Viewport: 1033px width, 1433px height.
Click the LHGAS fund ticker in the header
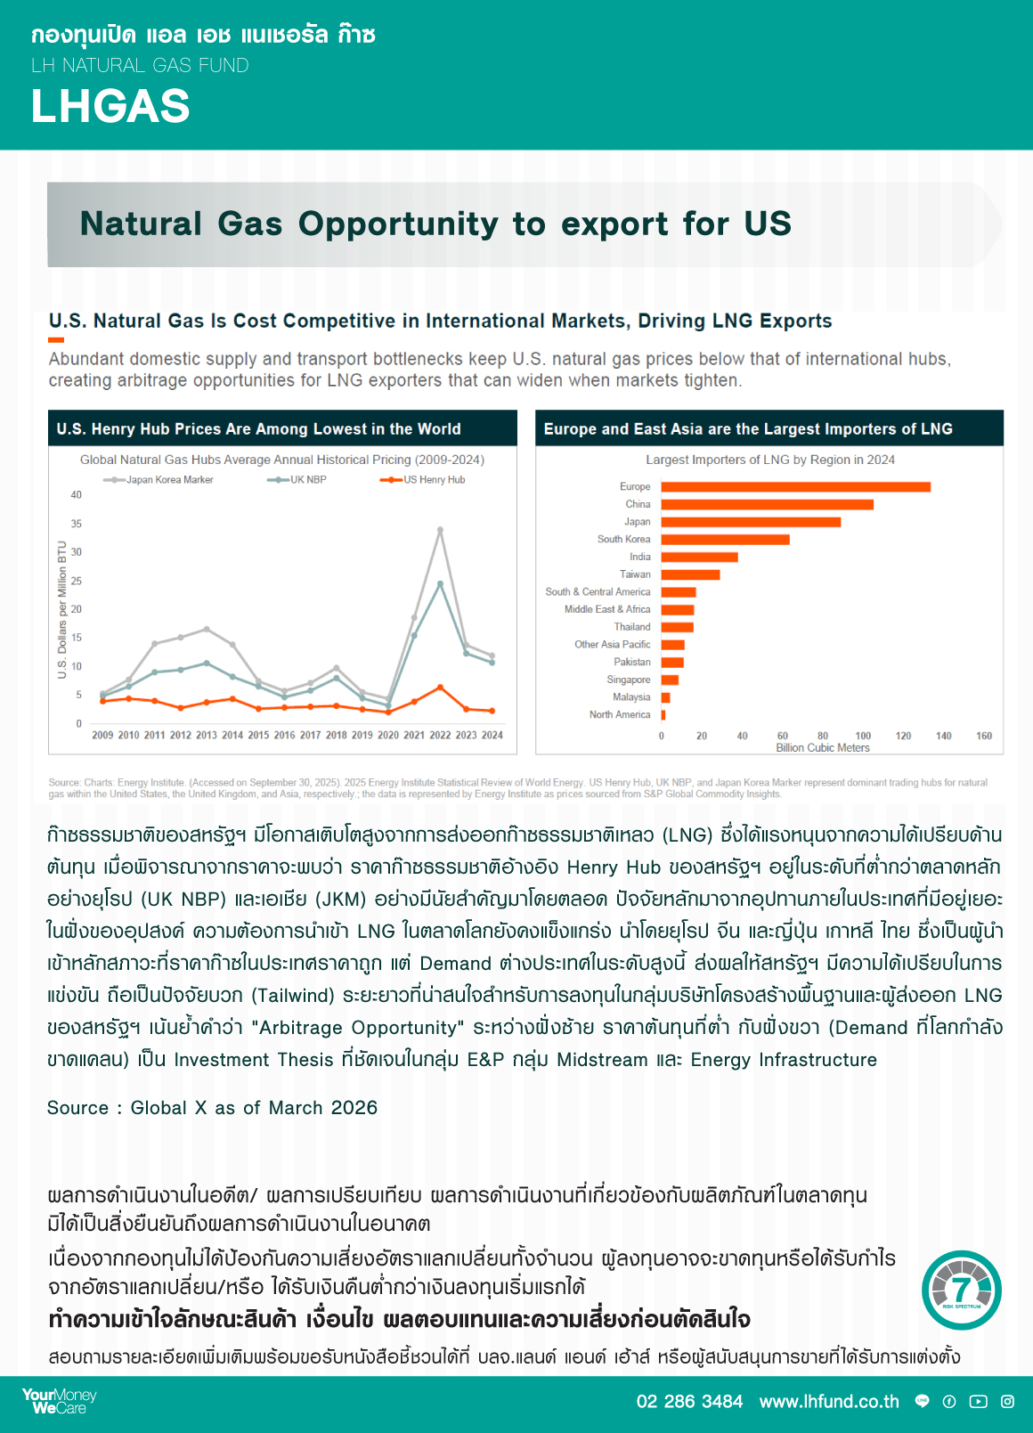110,107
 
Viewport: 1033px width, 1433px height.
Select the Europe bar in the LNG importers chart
795,487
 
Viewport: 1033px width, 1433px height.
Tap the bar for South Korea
725,540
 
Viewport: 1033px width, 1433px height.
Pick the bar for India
699,558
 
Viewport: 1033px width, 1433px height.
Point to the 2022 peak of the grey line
440,530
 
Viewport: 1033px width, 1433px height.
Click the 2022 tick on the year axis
440,736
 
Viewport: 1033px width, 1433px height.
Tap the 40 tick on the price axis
77,495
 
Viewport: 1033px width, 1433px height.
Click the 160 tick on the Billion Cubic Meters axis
984,736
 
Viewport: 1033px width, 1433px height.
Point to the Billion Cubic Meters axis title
822,748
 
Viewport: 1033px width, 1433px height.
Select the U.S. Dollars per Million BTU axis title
62,610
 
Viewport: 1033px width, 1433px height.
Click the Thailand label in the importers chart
632,627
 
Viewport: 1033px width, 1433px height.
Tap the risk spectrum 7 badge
961,1290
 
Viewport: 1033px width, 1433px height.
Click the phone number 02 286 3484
689,1402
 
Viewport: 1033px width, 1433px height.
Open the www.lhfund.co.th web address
829,1402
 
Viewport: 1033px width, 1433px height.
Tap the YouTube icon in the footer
979,1402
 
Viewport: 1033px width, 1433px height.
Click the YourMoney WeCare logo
59,1401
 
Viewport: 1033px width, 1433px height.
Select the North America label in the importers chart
620,715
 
